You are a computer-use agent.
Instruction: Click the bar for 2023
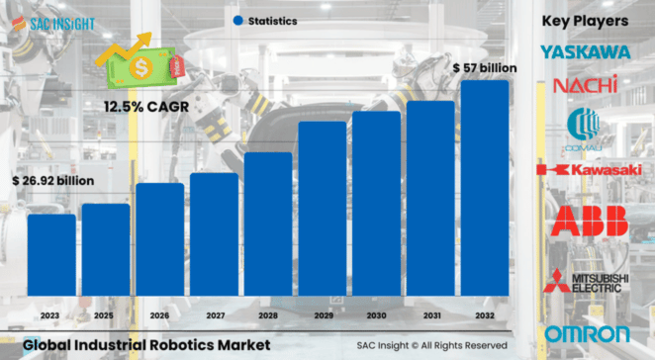(x=50, y=254)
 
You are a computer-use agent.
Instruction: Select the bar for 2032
(x=484, y=188)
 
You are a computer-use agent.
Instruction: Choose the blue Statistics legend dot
(x=237, y=20)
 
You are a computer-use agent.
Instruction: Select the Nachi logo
(x=586, y=85)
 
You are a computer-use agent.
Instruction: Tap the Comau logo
(x=586, y=130)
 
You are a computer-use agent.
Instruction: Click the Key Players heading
(x=586, y=20)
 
